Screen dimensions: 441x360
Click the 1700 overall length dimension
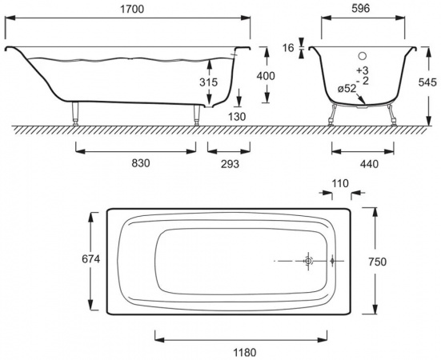pos(132,10)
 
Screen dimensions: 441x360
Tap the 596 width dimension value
pos(360,9)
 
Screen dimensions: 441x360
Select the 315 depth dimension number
pos(208,82)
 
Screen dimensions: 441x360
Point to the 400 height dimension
pos(266,76)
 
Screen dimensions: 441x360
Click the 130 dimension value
pos(237,116)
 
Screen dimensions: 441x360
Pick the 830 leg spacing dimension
pos(141,163)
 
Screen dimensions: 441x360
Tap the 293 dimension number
pos(230,164)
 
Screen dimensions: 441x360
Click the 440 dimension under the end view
pos(369,164)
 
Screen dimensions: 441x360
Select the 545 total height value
pos(427,82)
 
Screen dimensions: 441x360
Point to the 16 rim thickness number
pos(288,48)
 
